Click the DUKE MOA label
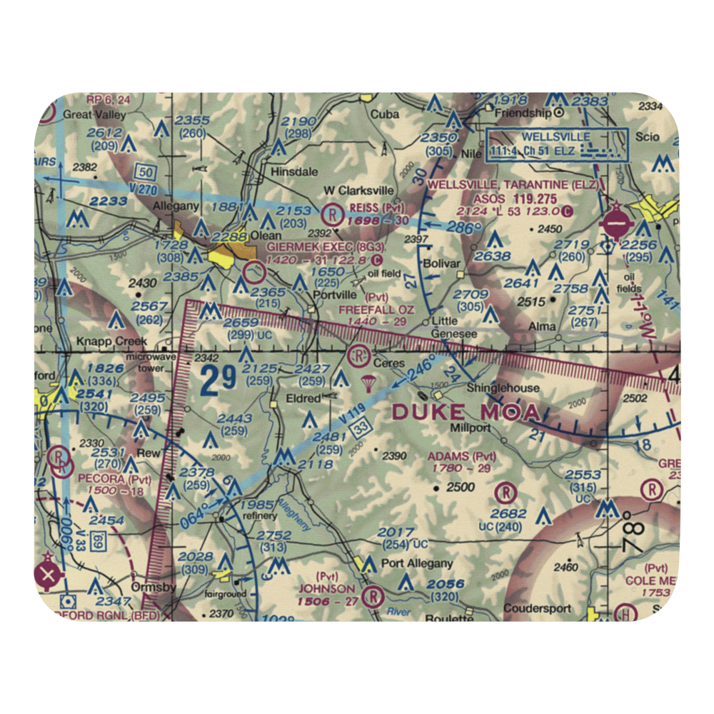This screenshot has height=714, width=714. [x=468, y=411]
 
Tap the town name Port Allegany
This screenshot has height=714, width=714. [x=416, y=563]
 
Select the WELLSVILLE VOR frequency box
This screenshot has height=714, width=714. [x=556, y=144]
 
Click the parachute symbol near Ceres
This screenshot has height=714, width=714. [x=369, y=383]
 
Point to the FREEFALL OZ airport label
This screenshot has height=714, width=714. [x=376, y=309]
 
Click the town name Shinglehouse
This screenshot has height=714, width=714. [x=503, y=388]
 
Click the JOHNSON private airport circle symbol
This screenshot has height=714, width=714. [x=372, y=595]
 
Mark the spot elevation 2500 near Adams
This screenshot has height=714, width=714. [x=460, y=488]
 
